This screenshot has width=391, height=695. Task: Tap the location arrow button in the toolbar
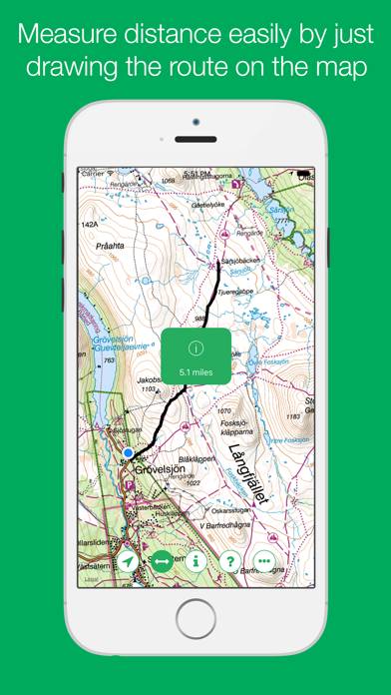click(x=129, y=561)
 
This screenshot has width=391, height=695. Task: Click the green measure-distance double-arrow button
click(x=163, y=561)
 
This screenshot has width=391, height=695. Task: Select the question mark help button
click(x=230, y=561)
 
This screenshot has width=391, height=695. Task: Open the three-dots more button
click(x=264, y=561)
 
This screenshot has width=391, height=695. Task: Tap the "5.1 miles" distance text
click(x=195, y=371)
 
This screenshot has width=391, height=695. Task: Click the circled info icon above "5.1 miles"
click(x=195, y=348)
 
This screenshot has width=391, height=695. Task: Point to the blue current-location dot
click(x=128, y=453)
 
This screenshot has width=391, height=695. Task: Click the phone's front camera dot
click(x=195, y=122)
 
